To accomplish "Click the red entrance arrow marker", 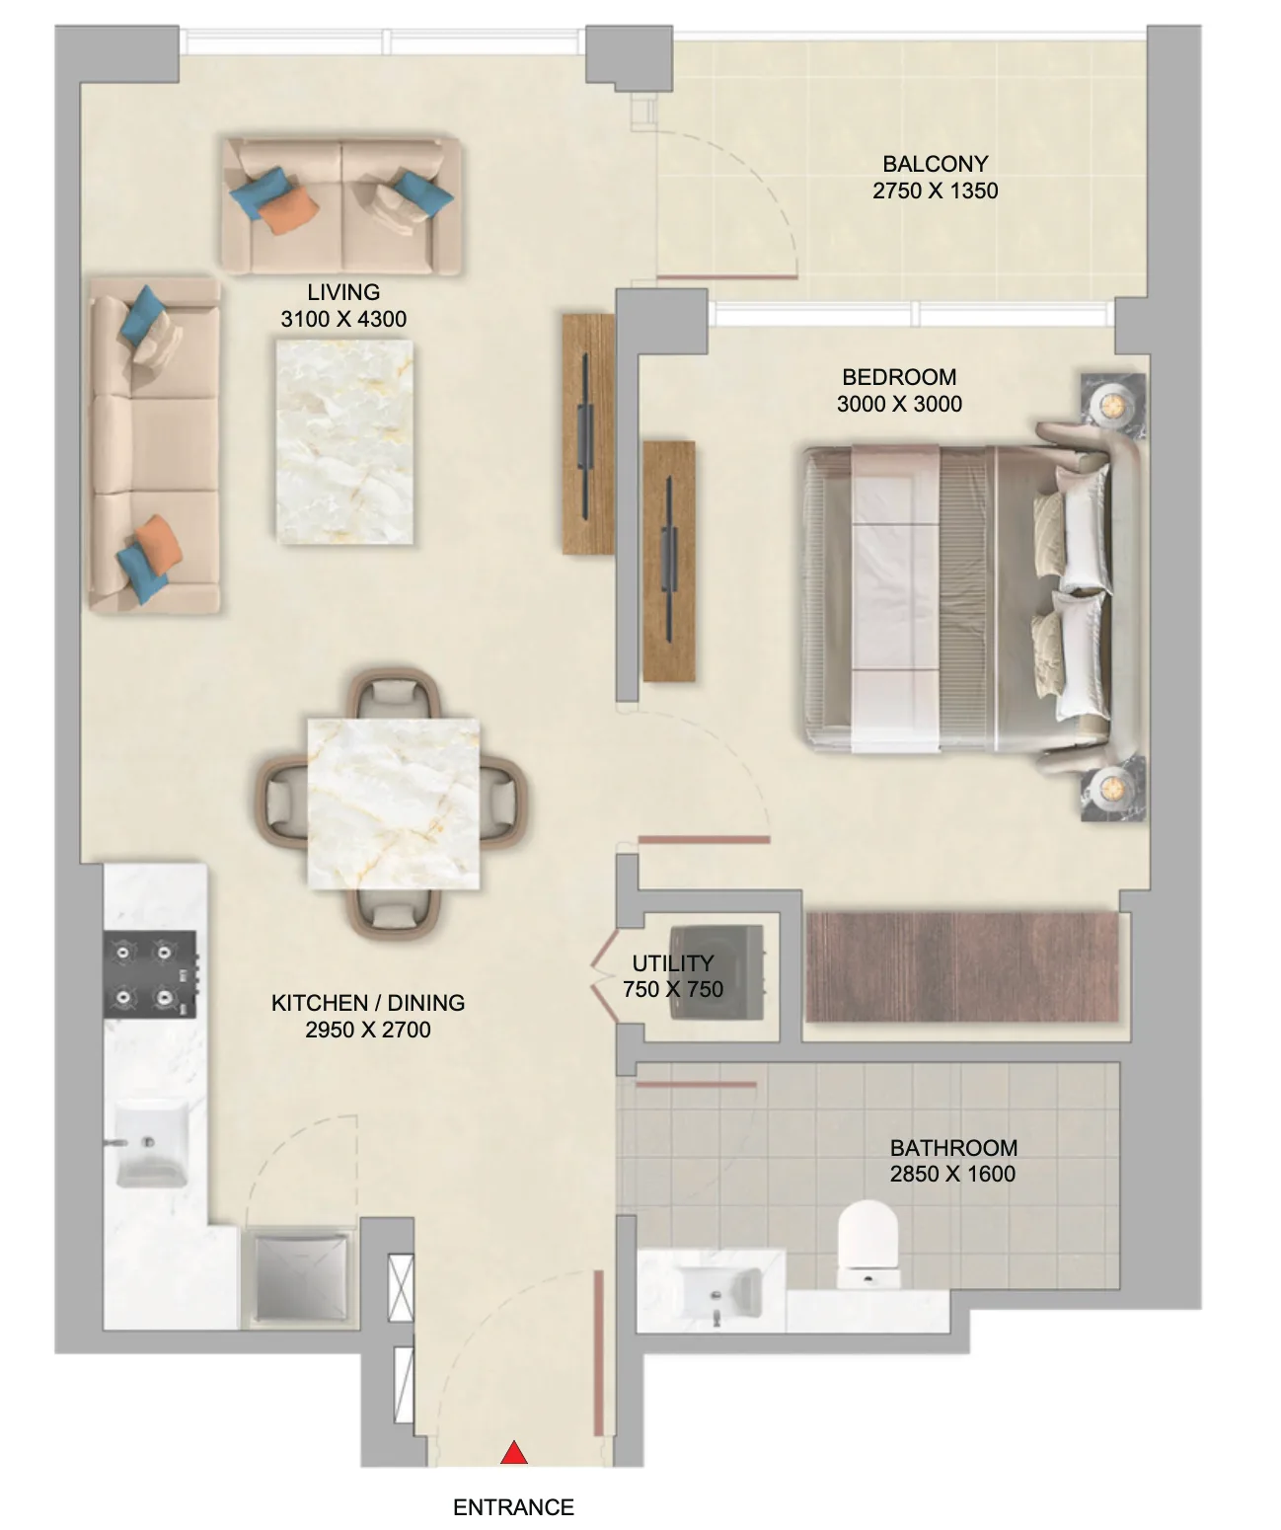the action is (x=514, y=1452).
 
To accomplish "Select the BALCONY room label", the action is (x=936, y=164).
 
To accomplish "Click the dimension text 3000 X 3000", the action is (x=899, y=404).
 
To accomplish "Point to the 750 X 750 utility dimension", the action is (x=673, y=989).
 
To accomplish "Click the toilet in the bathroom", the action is (x=868, y=1245).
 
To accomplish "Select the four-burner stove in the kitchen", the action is (x=150, y=974).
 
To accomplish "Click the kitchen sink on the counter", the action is (x=152, y=1142).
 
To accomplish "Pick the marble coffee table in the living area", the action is (x=344, y=442).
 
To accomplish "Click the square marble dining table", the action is (x=394, y=803).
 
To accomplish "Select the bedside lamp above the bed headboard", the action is (x=1113, y=405).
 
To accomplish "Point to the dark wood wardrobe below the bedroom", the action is (x=962, y=966).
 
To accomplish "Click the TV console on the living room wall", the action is (x=588, y=433).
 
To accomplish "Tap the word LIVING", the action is (x=343, y=291).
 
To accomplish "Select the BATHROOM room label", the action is (x=953, y=1147).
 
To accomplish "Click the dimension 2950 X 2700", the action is (x=368, y=1030).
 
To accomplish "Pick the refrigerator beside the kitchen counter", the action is (x=301, y=1276).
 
